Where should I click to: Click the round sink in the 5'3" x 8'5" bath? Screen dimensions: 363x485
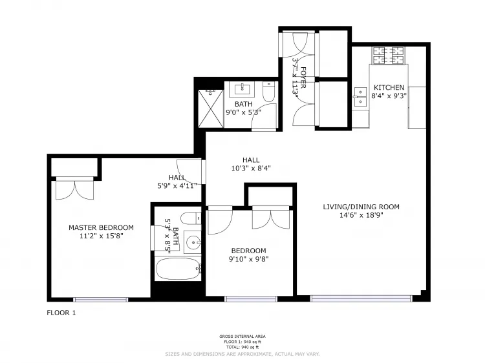pyautogui.click(x=192, y=243)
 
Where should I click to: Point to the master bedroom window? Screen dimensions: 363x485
pyautogui.click(x=100, y=299)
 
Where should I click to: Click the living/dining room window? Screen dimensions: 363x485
pyautogui.click(x=361, y=298)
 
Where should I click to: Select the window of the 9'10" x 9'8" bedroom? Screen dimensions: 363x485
pyautogui.click(x=250, y=298)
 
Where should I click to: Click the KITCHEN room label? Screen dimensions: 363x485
pyautogui.click(x=389, y=88)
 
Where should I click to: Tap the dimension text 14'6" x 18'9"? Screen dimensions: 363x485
pyautogui.click(x=361, y=216)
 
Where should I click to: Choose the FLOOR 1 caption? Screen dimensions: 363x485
pyautogui.click(x=61, y=313)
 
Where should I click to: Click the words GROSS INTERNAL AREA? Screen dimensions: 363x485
pyautogui.click(x=242, y=337)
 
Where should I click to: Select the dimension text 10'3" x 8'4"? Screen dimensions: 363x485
pyautogui.click(x=251, y=168)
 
